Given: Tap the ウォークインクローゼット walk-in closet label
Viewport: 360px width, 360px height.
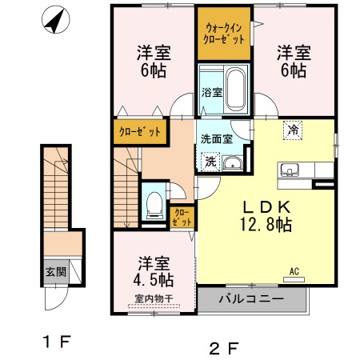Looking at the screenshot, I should (x=224, y=33).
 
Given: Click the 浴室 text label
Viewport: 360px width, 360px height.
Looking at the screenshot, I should (x=210, y=91).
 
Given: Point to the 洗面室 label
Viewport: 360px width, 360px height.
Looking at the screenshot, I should (x=216, y=138).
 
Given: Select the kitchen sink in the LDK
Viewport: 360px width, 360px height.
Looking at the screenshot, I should (x=290, y=170).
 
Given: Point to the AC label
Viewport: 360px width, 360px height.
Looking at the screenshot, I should (x=294, y=271).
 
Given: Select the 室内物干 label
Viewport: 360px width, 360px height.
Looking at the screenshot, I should (x=155, y=302).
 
